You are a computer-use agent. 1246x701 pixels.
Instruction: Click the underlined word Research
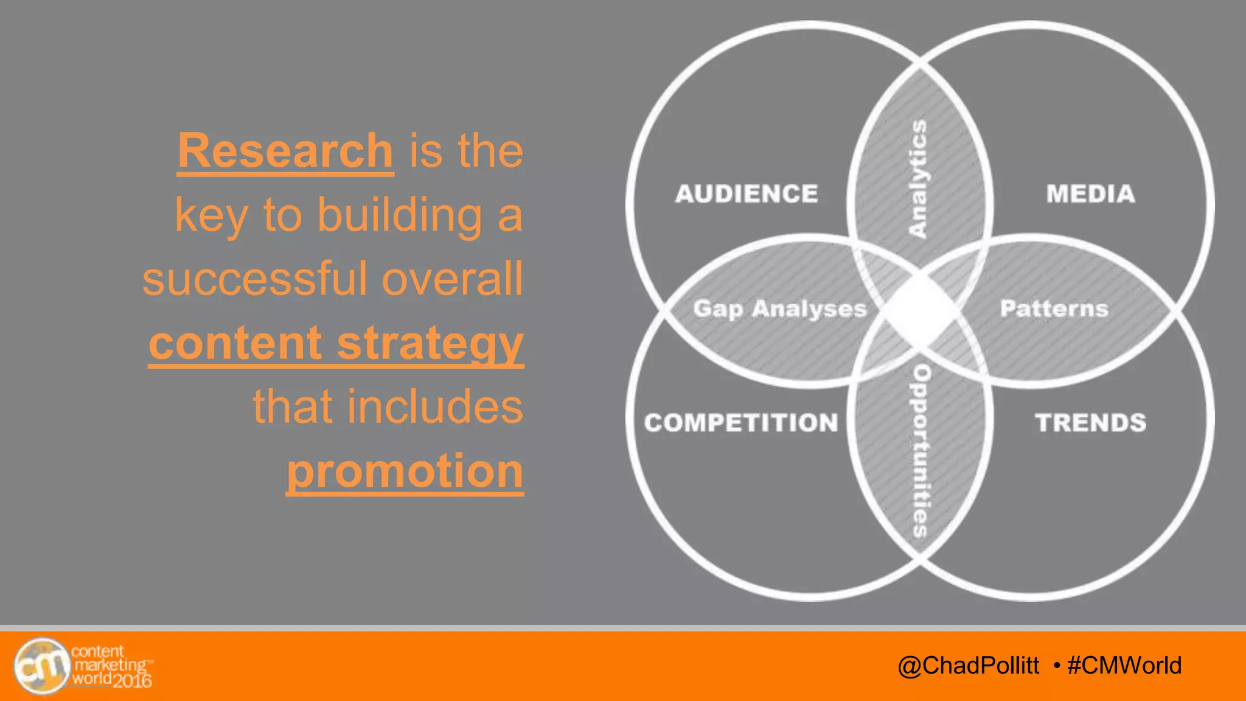(285, 151)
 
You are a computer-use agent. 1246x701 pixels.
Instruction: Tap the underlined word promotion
(405, 471)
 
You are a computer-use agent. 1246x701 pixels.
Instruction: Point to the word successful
(254, 279)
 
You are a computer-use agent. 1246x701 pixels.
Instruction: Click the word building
(400, 215)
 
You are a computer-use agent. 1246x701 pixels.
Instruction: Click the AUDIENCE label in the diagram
(747, 194)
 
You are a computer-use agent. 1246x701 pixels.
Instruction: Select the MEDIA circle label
(1090, 194)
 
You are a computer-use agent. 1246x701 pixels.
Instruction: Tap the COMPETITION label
(741, 423)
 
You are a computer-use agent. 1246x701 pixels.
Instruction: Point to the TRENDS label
(1090, 423)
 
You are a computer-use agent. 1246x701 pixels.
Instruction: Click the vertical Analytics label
(917, 178)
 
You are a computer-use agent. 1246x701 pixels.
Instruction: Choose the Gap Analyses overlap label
(780, 309)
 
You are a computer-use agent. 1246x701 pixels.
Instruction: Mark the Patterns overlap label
(1054, 309)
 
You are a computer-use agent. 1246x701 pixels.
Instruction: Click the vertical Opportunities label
(921, 451)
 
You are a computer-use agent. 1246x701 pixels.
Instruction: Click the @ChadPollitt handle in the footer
(968, 666)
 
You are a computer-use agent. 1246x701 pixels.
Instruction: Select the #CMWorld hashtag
(1124, 666)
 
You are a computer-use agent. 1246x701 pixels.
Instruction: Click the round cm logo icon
(42, 666)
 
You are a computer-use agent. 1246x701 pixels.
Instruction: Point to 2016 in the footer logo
(131, 680)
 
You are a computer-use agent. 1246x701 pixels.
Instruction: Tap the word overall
(452, 279)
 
